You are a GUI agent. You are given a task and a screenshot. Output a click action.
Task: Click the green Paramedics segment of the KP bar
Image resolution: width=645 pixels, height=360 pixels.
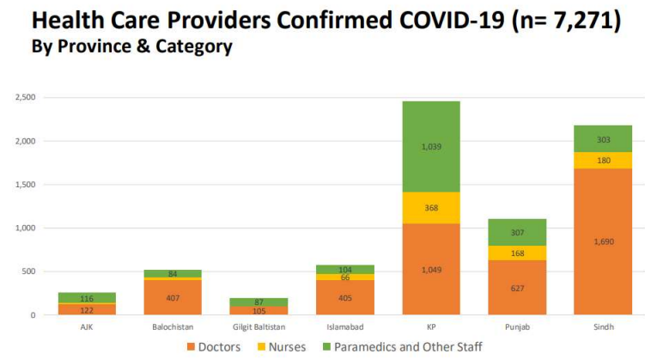coord(429,146)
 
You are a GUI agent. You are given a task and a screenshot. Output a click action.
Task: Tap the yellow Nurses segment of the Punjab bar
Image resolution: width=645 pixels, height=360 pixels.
coord(516,253)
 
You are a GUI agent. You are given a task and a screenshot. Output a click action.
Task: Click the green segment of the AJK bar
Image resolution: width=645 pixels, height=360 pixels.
coord(87,297)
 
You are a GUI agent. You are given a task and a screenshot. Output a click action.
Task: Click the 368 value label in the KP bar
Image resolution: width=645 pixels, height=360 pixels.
coord(429,207)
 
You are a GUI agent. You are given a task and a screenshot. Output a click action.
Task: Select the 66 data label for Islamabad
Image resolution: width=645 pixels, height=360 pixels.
coord(344,277)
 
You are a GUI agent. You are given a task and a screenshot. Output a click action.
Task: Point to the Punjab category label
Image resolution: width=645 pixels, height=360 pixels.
coord(516,327)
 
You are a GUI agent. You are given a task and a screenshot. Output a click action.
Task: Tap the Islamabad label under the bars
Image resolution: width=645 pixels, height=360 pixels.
coord(344,327)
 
